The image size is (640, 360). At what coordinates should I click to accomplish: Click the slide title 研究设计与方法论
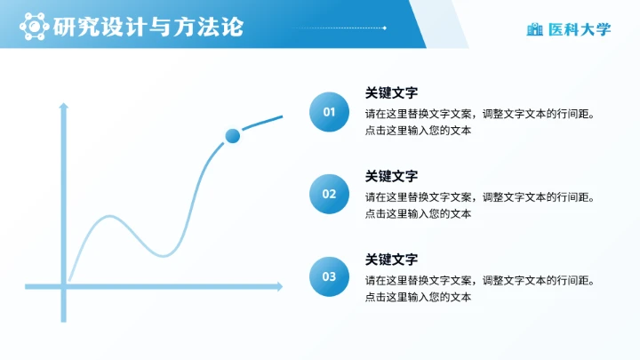pos(148,28)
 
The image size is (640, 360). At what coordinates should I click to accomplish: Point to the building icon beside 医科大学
pos(534,29)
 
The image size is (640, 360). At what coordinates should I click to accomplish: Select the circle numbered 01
pos(329,112)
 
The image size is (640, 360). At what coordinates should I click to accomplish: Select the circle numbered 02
pos(329,194)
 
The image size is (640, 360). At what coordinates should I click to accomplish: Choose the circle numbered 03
pos(329,276)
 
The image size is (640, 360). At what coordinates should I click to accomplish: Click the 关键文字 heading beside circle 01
pos(391,93)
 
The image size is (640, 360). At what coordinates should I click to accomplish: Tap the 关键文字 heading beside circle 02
pos(391,176)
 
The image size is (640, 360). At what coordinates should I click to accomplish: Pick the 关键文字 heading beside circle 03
pos(391,259)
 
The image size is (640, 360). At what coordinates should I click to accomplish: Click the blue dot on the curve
pos(233,136)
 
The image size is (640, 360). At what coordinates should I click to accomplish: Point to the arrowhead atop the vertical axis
pos(63,106)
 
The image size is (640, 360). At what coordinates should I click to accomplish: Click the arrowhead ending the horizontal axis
pos(279,286)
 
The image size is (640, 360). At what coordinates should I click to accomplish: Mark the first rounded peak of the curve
pos(110,216)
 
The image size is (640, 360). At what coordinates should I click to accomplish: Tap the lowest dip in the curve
pos(164,256)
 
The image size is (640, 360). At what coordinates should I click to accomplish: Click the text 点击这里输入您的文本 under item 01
pos(417,131)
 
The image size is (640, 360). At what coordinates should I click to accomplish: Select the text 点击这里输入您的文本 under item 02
pos(417,213)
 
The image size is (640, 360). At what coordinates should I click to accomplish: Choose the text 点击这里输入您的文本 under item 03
pos(417,296)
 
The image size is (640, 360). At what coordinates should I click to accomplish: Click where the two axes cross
pos(63,286)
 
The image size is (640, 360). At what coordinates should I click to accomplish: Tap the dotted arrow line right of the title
pos(339,28)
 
